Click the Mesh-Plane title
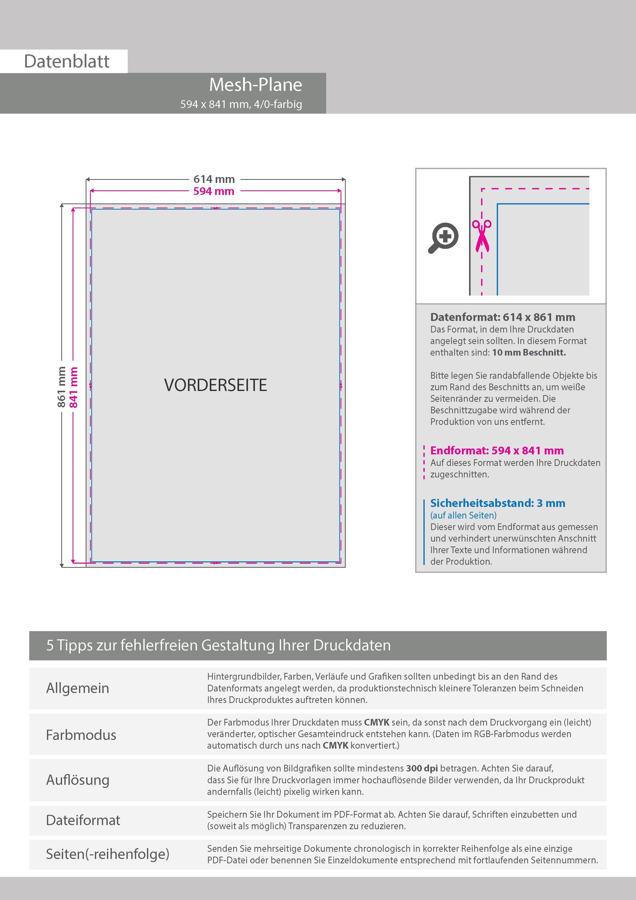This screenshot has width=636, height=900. click(x=255, y=85)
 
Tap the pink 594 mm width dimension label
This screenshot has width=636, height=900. click(x=214, y=191)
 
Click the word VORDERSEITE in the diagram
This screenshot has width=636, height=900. click(x=215, y=385)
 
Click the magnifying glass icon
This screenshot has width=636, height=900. click(x=443, y=238)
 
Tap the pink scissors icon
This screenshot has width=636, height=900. click(x=482, y=236)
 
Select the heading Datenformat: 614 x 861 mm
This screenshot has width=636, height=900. click(x=502, y=317)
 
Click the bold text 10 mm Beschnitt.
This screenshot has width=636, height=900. click(x=529, y=353)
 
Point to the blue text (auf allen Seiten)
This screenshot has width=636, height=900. click(x=463, y=515)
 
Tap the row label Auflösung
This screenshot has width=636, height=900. click(x=78, y=780)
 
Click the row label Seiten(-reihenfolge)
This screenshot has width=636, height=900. click(x=107, y=854)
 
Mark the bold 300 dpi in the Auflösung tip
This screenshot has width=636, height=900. click(x=422, y=768)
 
